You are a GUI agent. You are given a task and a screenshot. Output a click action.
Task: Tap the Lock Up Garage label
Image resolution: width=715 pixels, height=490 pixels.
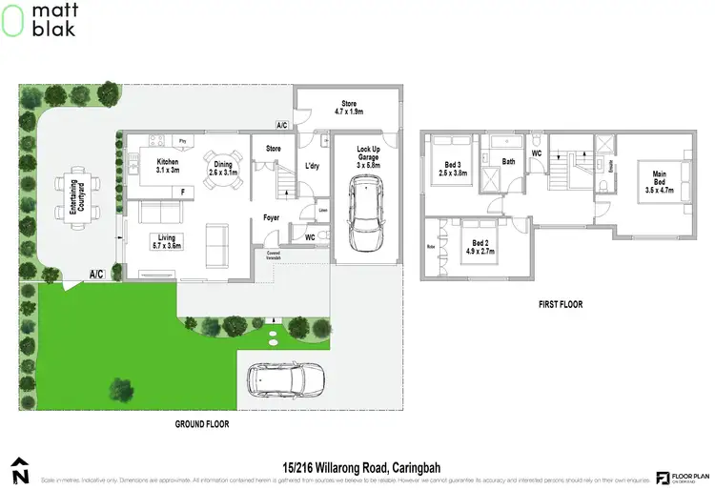tap(368, 156)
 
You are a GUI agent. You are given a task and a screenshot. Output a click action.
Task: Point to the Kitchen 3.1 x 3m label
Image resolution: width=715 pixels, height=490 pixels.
tap(167, 167)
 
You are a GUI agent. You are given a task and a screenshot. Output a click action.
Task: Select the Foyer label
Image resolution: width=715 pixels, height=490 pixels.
tap(271, 218)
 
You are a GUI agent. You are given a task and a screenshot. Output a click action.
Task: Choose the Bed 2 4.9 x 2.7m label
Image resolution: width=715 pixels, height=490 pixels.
tap(480, 248)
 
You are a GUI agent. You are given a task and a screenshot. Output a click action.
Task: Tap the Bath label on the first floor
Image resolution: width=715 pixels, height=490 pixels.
tap(509, 162)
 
